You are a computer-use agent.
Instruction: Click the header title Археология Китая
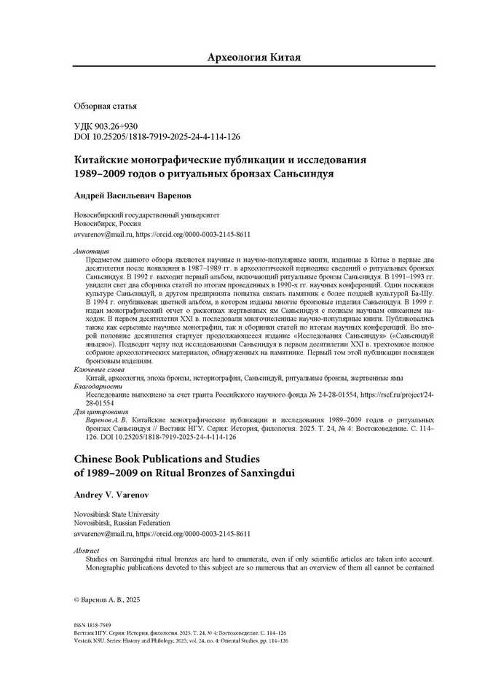253,57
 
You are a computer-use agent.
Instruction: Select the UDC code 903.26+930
106,126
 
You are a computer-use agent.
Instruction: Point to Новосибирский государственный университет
147,215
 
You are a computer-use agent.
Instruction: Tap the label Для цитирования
98,412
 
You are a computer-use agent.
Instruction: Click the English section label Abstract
88,550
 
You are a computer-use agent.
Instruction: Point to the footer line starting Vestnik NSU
182,640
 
